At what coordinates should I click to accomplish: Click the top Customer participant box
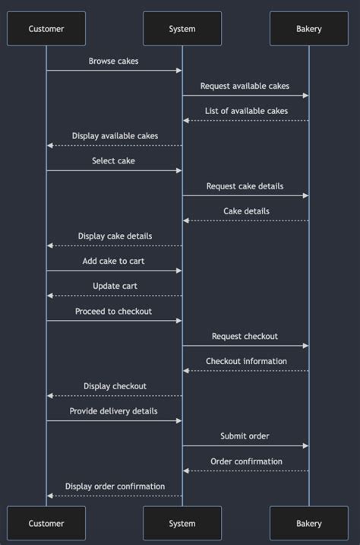(46, 29)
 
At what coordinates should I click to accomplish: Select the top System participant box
(182, 29)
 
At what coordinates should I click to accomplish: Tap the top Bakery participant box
(308, 29)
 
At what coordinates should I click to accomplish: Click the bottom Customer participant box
(46, 523)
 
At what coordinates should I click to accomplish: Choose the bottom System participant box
(182, 523)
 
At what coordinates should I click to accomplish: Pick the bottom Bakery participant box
(308, 523)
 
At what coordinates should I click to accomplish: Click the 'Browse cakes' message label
(114, 61)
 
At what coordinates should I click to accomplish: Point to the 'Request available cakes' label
(245, 86)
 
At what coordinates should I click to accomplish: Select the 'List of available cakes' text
(246, 111)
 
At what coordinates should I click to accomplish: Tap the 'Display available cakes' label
(115, 136)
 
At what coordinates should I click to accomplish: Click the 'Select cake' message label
(114, 160)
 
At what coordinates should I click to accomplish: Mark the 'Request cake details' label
(245, 185)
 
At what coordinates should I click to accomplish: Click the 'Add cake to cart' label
(114, 261)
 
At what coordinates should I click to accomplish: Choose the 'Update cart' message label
(115, 286)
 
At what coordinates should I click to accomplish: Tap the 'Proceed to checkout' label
(114, 311)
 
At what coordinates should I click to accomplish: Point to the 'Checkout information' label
(246, 361)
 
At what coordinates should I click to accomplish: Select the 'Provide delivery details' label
(114, 411)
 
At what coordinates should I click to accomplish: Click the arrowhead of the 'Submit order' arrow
(305, 446)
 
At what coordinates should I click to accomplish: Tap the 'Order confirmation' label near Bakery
(246, 461)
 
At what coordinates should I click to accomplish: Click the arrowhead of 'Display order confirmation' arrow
(50, 496)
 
